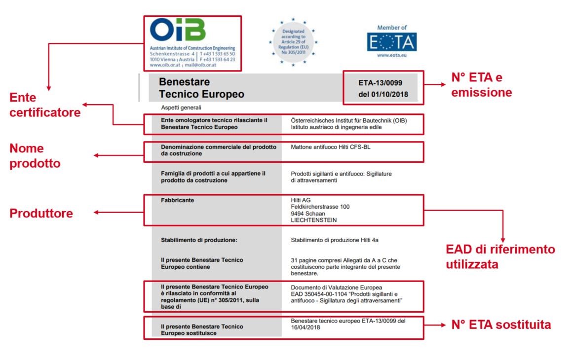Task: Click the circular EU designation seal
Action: pyautogui.click(x=293, y=42)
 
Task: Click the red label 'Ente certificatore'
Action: pyautogui.click(x=44, y=105)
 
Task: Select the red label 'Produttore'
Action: pyautogui.click(x=41, y=214)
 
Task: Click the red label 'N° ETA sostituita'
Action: pyautogui.click(x=501, y=325)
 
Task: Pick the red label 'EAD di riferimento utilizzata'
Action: pyautogui.click(x=500, y=257)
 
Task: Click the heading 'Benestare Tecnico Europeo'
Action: pyautogui.click(x=201, y=88)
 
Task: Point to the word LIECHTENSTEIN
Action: pyautogui.click(x=314, y=220)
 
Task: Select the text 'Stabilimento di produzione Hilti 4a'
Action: pyautogui.click(x=335, y=241)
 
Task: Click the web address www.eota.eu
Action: pyautogui.click(x=391, y=56)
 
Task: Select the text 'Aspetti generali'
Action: pyautogui.click(x=181, y=107)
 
